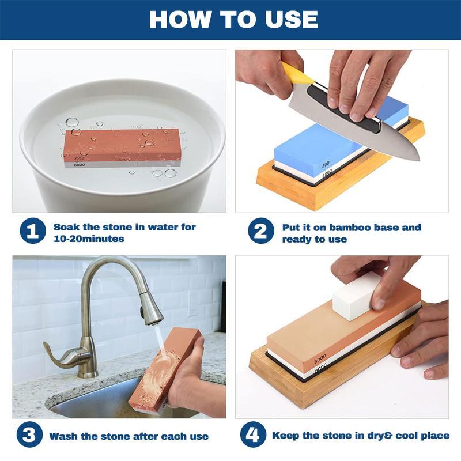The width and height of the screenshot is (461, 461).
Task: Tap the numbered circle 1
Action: click(x=33, y=232)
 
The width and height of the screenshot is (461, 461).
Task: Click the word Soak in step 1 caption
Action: click(x=67, y=227)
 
